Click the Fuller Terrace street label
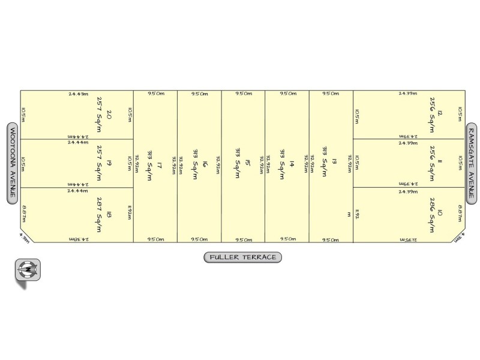[242, 257]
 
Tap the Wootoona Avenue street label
[11, 164]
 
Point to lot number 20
[109, 115]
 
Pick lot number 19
[109, 163]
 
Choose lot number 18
[109, 214]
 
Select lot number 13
[334, 162]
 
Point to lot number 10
[440, 214]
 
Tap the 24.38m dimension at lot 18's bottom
[78, 239]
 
